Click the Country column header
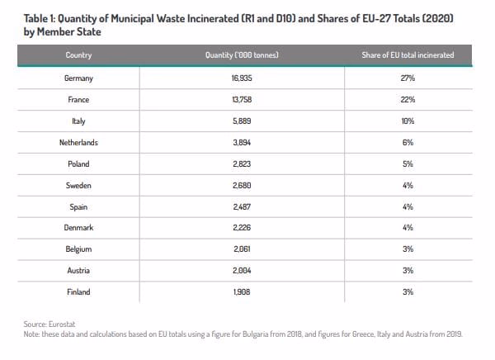(x=78, y=55)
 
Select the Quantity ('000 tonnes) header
(x=242, y=55)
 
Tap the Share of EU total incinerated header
(x=408, y=55)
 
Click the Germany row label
(x=78, y=78)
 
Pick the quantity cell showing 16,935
(x=242, y=78)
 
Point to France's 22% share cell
(x=408, y=100)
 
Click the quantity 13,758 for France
(x=242, y=100)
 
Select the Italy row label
(x=78, y=121)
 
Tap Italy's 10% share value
(x=408, y=121)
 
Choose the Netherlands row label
(x=78, y=143)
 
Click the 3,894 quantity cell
(x=242, y=143)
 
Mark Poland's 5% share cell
(x=408, y=164)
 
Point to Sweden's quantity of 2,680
(x=242, y=186)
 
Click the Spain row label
(x=78, y=207)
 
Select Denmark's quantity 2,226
(x=242, y=228)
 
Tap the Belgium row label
(x=78, y=249)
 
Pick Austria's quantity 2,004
(x=242, y=271)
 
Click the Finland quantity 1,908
(x=242, y=292)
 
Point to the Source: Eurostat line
(x=49, y=324)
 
